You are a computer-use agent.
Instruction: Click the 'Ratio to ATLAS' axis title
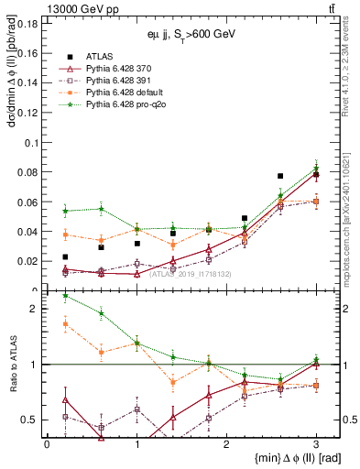pos(10,362)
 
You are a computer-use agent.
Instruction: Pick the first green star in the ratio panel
pos(65,296)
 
